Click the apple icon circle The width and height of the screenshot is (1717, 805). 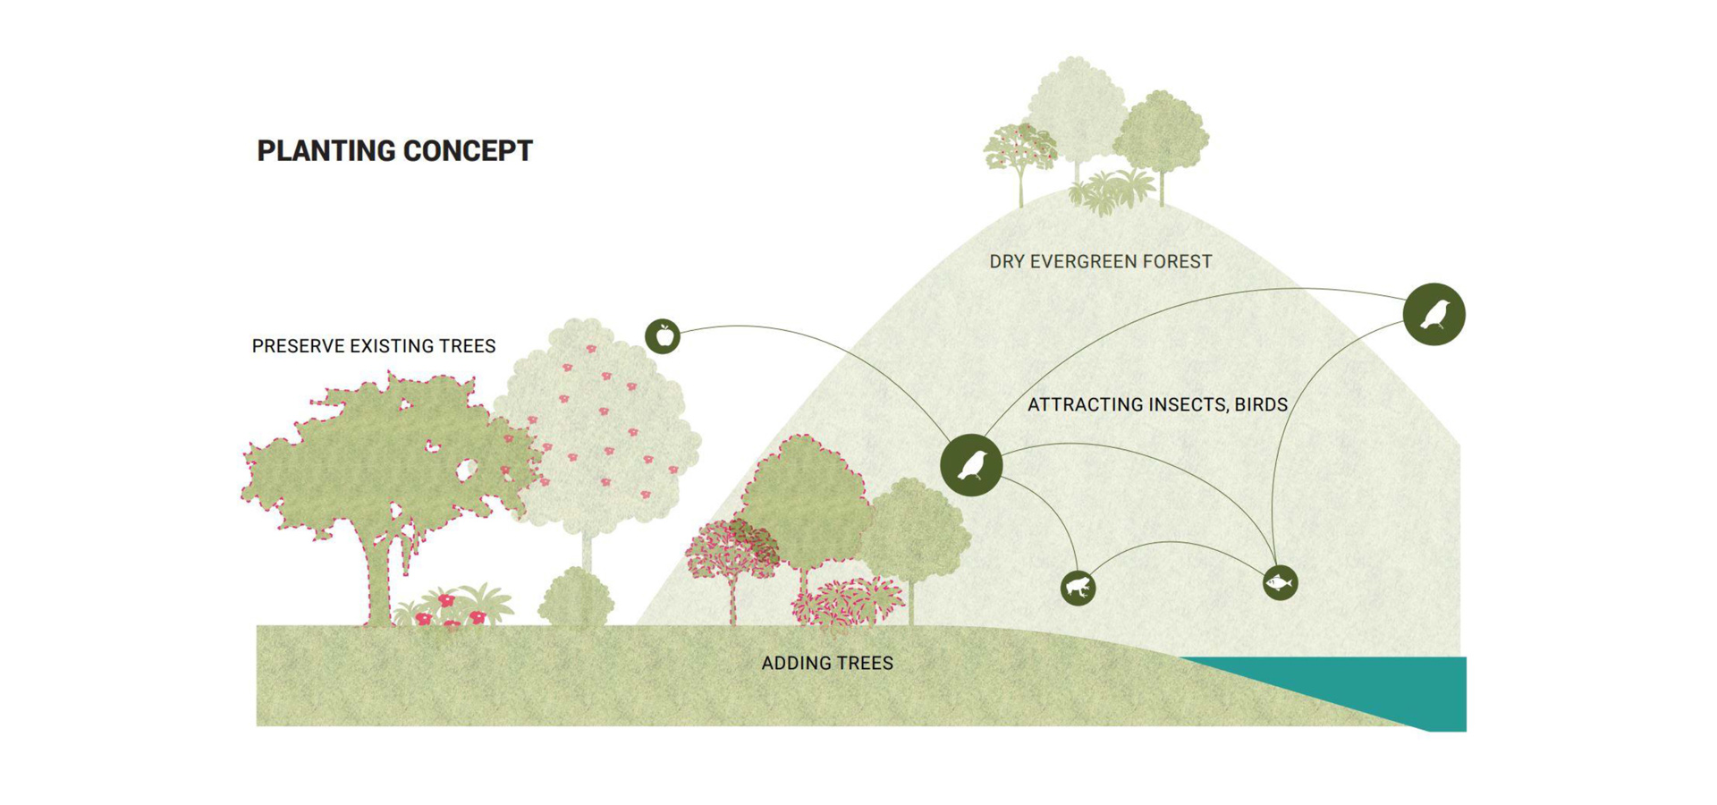(x=663, y=336)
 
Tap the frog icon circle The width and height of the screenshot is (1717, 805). (x=1078, y=588)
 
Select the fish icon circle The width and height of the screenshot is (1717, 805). (x=1280, y=583)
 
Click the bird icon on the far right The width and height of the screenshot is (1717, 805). (x=1434, y=314)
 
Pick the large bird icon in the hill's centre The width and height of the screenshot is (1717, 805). (x=971, y=465)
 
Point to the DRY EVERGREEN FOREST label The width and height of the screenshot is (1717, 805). (x=1101, y=261)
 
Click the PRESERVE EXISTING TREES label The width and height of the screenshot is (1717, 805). (x=374, y=346)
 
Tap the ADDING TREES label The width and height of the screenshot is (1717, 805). (x=827, y=663)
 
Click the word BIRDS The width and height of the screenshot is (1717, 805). (x=1261, y=404)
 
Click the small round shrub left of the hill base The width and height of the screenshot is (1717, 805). (x=577, y=597)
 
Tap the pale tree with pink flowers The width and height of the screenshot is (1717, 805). (x=597, y=429)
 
